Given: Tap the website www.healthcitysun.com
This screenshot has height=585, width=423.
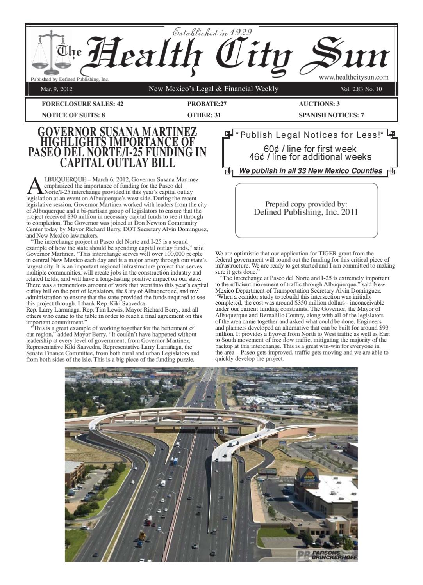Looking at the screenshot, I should click(353, 77).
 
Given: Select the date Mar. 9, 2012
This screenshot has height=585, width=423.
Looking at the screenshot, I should click(56, 89).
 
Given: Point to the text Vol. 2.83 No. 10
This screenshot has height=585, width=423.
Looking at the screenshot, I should click(361, 89).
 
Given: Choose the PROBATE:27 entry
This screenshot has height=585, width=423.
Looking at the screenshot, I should click(207, 104).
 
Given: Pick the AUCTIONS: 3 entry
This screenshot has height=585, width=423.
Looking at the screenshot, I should click(319, 104).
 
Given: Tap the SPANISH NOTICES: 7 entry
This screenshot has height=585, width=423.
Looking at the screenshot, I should click(331, 115).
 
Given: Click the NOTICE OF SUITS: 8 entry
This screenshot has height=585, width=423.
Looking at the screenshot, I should click(73, 115).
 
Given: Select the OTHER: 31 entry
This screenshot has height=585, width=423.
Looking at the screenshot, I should click(204, 115).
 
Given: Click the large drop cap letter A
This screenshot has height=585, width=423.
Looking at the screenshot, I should click(34, 186).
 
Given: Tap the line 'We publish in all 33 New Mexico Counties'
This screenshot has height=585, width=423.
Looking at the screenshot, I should click(311, 171).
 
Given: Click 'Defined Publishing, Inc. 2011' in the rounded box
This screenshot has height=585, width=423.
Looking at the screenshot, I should click(306, 212).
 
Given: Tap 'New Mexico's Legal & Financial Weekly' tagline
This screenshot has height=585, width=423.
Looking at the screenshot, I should click(213, 89).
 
